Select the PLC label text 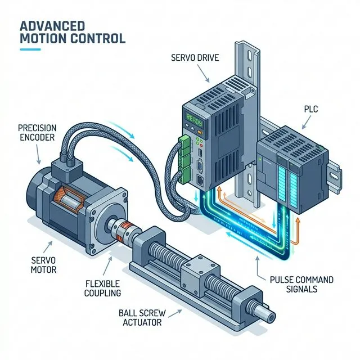(x=311, y=109)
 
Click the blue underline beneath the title (x=31, y=49)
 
